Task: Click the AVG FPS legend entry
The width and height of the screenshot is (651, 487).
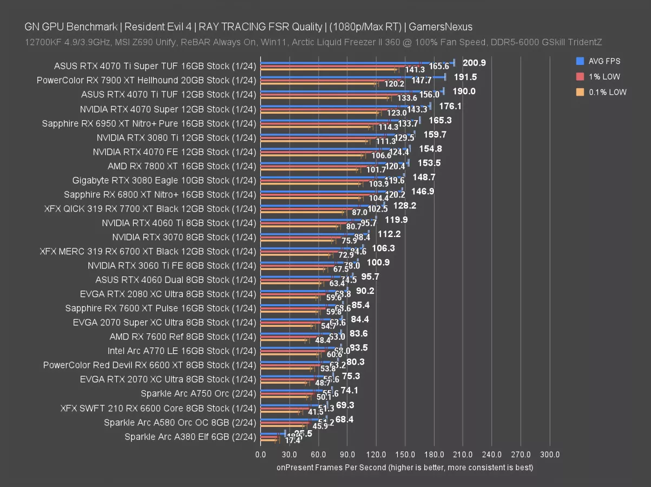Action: point(604,61)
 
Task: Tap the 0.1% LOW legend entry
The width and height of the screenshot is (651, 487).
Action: point(607,93)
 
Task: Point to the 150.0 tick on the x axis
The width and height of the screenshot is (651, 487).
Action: point(405,455)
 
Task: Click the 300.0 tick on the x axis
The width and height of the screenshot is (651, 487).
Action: point(550,455)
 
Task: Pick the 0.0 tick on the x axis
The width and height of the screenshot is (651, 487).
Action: point(260,455)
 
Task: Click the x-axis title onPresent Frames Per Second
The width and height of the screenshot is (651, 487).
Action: point(405,467)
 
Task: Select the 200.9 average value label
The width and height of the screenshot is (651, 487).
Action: point(475,63)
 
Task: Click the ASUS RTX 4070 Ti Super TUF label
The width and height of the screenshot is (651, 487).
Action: point(155,66)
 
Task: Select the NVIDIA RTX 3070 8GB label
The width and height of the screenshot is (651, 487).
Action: point(183,237)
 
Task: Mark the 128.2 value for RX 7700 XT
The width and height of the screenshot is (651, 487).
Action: point(405,206)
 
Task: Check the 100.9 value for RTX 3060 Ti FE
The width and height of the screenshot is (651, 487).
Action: point(378,262)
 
